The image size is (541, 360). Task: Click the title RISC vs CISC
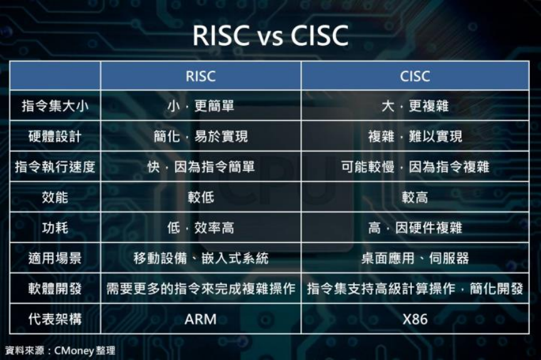(270, 35)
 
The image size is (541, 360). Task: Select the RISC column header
(201, 76)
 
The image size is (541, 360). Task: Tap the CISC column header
(415, 76)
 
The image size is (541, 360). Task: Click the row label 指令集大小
(55, 106)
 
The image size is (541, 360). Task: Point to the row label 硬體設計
(55, 136)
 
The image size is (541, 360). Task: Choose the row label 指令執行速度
(55, 167)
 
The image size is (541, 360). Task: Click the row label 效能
(55, 197)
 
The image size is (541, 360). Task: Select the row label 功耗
(55, 228)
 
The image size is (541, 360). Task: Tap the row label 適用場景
(55, 258)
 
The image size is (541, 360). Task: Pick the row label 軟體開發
(55, 289)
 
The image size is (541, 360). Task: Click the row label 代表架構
(55, 319)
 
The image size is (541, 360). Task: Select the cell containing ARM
(201, 319)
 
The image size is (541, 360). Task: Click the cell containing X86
(415, 319)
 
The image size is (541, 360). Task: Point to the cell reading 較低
(201, 197)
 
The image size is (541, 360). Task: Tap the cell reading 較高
(415, 197)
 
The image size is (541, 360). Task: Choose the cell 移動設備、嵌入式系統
(201, 258)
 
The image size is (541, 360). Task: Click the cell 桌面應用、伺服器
(415, 258)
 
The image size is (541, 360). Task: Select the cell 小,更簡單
(201, 106)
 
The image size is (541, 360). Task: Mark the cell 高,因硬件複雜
(415, 228)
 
